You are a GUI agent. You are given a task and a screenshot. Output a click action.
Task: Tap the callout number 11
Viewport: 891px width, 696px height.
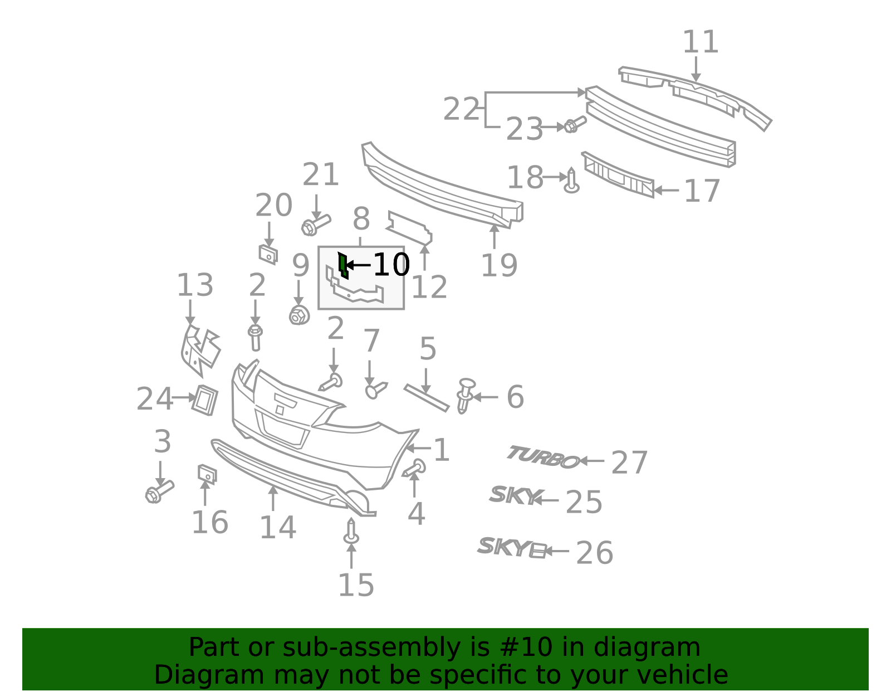pos(701,42)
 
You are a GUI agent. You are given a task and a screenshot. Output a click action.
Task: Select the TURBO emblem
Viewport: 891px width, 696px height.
pos(542,457)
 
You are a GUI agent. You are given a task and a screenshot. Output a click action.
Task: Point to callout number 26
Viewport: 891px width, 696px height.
pos(594,553)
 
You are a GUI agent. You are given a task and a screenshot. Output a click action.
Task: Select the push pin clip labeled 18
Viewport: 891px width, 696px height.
pos(571,182)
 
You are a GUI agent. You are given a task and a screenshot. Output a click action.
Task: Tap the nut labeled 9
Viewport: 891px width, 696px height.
pos(299,316)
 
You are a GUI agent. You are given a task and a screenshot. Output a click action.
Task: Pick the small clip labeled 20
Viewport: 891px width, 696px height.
pos(268,254)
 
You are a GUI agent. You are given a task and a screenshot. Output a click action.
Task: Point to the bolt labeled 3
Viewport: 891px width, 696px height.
pos(159,491)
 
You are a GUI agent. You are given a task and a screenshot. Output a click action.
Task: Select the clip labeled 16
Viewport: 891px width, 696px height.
pos(207,474)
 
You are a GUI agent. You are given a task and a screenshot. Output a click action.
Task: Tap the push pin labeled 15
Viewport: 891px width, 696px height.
pos(351,532)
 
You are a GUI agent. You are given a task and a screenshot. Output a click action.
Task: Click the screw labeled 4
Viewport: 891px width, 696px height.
pos(415,468)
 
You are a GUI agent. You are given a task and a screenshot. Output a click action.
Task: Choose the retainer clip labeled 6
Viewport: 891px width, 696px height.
pos(465,396)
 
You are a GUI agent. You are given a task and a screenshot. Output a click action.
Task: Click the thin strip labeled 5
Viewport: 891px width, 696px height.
pos(426,398)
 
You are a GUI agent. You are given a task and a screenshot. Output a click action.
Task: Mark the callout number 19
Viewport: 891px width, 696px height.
pos(498,265)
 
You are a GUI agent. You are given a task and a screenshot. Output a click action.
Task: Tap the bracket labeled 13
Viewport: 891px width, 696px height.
pos(199,349)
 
